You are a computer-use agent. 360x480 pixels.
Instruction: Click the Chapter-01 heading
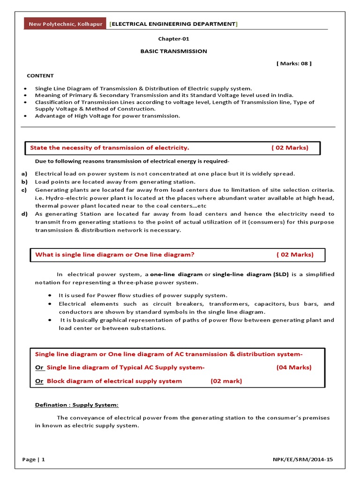[173, 39]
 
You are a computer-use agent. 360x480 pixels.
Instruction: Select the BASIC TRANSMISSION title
[173, 51]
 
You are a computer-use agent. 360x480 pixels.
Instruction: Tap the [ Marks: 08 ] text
[294, 63]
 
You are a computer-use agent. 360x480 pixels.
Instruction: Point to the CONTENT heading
[40, 75]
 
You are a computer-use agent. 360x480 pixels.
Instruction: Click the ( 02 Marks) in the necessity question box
[290, 148]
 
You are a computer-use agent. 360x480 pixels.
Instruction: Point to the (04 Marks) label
[294, 367]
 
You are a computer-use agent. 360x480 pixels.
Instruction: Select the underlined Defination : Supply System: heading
[77, 405]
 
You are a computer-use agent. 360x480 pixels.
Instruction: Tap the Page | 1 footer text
[34, 460]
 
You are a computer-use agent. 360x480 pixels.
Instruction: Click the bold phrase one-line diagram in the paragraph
[176, 274]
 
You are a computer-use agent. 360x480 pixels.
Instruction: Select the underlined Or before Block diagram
[39, 381]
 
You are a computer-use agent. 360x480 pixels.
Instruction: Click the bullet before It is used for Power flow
[50, 295]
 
